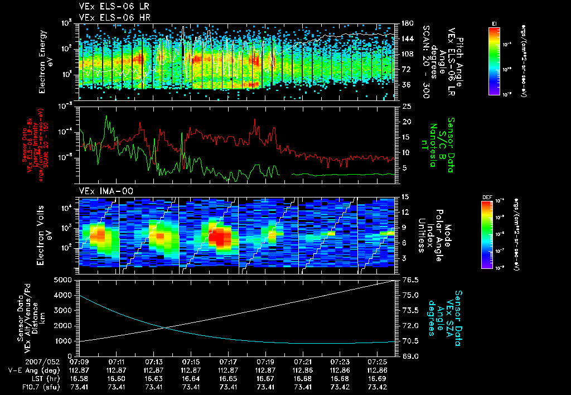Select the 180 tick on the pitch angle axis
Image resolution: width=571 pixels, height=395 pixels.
pos(407,23)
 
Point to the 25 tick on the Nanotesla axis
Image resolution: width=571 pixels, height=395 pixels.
pos(405,106)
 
